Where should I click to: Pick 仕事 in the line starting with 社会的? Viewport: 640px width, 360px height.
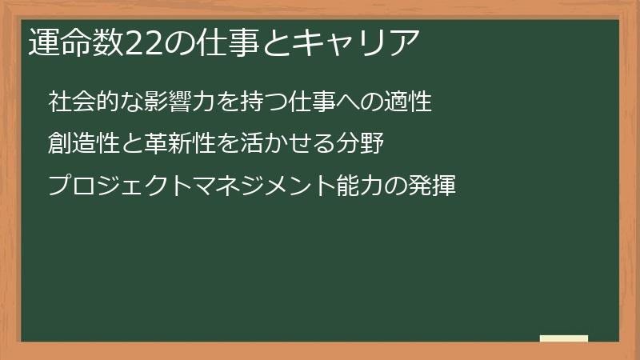coord(308,103)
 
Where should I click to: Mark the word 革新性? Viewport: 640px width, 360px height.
coord(174,145)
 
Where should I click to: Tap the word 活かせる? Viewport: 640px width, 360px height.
coord(290,145)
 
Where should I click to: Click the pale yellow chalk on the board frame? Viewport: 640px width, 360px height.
coord(564,338)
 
